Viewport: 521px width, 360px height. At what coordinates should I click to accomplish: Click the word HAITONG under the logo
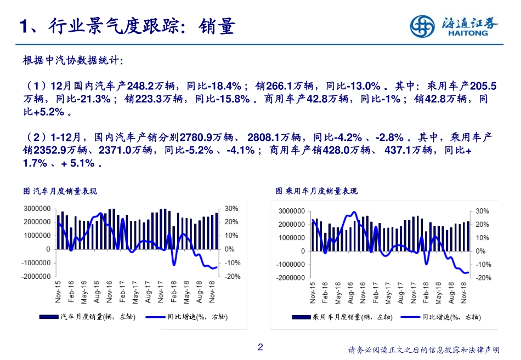pos(466,33)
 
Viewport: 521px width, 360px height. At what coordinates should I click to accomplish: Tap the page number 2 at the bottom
pos(260,347)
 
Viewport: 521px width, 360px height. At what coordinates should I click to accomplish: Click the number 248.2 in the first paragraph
pos(139,86)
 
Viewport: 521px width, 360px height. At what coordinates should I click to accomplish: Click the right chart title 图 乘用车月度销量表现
pos(316,191)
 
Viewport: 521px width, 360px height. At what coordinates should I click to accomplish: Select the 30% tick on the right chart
pos(482,211)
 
